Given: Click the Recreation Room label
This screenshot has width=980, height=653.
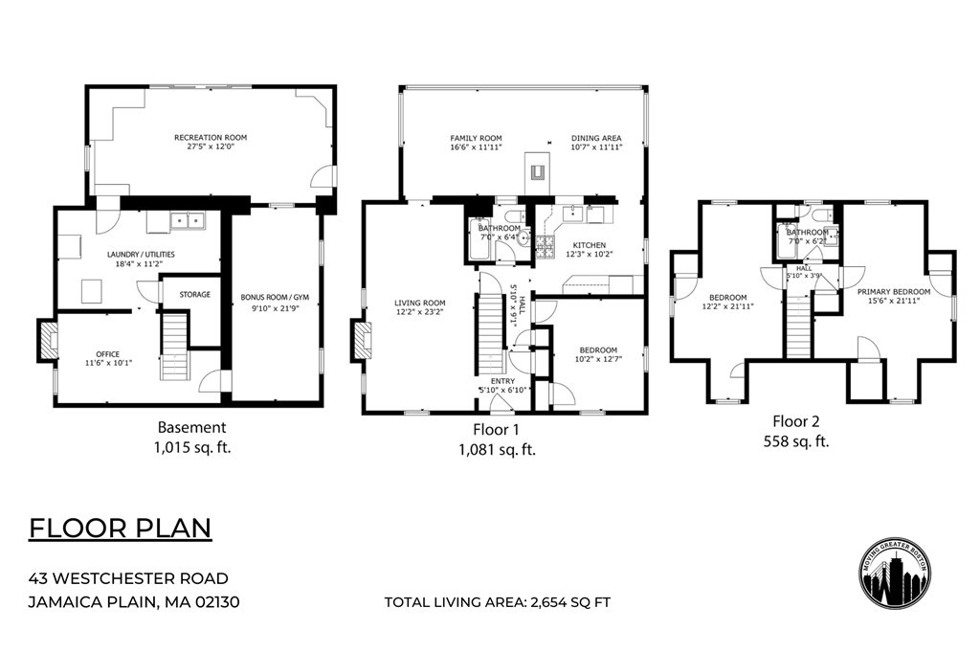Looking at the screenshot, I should coord(210,138).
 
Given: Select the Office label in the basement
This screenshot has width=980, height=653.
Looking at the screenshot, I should coord(107,353).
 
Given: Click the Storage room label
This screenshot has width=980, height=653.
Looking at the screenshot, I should coord(194,294).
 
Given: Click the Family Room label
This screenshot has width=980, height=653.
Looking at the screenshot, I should coord(476,138).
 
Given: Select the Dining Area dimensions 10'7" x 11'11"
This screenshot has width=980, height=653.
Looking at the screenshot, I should coord(596,148).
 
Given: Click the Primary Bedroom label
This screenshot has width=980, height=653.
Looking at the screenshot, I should coord(893,291).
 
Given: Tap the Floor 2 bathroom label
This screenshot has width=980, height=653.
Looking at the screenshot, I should coord(807,232).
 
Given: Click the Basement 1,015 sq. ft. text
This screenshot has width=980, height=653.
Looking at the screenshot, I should coord(191,437).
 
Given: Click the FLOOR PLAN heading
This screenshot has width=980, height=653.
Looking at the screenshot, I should coord(120,529).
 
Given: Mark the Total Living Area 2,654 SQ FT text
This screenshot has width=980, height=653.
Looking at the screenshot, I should coord(497,602).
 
